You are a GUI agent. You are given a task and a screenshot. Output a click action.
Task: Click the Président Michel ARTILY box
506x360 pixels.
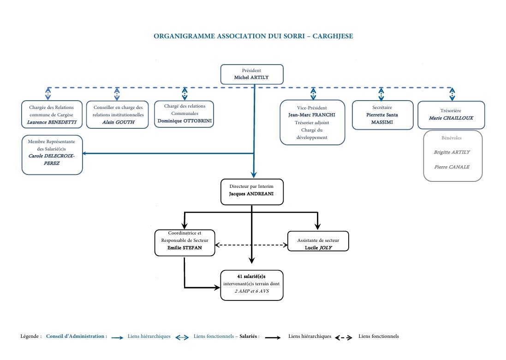coord(252,74)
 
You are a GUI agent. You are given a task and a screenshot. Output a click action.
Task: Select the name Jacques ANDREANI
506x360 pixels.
coord(251,194)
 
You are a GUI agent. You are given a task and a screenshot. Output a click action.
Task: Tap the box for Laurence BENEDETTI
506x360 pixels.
coord(52,114)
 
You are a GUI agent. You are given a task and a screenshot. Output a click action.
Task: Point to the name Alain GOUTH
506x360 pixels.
coord(119,122)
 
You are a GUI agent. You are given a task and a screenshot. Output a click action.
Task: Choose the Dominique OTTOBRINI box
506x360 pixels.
coord(184,114)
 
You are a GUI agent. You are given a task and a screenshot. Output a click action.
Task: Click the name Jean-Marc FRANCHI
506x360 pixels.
coord(312,115)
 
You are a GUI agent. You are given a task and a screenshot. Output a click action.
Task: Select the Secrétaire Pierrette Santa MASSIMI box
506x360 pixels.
coord(382,115)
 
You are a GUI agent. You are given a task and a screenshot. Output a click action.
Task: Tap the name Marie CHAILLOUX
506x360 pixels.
coord(451,118)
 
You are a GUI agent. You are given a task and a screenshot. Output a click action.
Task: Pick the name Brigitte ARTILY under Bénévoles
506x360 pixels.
coord(452,152)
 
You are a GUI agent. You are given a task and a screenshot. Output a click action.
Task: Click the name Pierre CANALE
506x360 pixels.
coord(452,167)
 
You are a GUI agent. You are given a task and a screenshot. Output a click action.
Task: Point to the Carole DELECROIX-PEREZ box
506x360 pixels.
coord(52,155)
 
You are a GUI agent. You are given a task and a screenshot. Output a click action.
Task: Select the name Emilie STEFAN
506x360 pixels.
coord(185,248)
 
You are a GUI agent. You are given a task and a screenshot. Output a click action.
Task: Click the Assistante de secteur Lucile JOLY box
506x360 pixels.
coord(318,241)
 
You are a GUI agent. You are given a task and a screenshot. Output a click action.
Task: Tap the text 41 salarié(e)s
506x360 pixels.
coord(251,276)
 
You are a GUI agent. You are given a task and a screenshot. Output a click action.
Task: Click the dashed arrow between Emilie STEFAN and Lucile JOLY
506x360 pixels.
coord(251,245)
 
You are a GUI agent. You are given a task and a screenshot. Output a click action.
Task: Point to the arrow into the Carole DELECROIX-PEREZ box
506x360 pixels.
coord(168,153)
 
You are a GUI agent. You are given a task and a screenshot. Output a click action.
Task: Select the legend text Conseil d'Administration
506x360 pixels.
coord(75,336)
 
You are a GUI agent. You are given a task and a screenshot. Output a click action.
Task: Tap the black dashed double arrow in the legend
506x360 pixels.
coord(344,338)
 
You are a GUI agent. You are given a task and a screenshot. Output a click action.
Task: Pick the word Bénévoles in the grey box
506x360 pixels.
coord(452,138)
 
